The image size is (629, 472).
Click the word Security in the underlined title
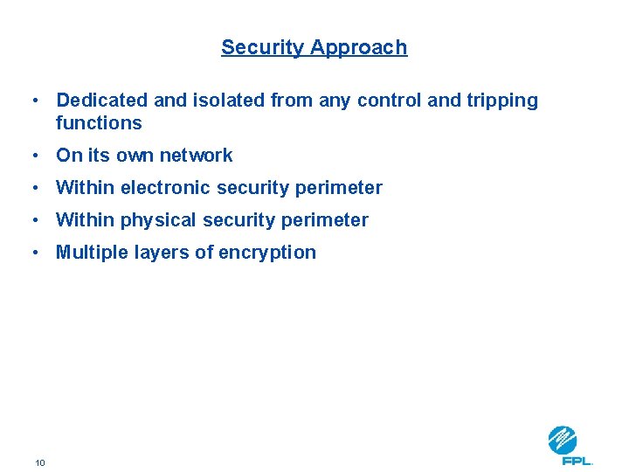[256, 48]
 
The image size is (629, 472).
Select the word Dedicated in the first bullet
[99, 101]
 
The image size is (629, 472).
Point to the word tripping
[503, 101]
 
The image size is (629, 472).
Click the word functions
[99, 123]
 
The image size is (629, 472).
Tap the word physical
[158, 220]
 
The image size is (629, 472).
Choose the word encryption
[270, 253]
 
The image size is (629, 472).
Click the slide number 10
[40, 462]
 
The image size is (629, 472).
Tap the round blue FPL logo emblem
[563, 440]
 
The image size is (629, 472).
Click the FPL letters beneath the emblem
[577, 461]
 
